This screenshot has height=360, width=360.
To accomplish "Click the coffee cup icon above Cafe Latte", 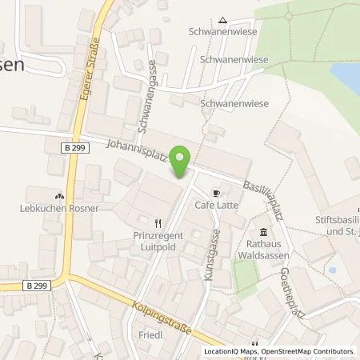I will [216, 194].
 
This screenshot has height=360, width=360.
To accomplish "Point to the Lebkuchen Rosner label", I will [58, 209].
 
